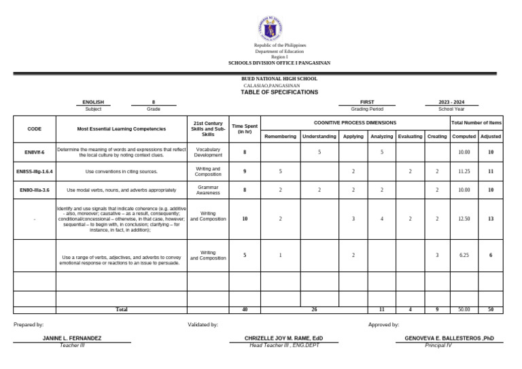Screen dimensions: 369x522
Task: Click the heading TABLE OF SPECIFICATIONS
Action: pos(279,92)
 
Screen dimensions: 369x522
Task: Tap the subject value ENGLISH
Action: pos(93,102)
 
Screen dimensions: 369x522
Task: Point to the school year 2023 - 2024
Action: pos(452,102)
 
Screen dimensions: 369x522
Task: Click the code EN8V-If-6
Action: pos(35,153)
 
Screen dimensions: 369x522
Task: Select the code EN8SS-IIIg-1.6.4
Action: pos(35,172)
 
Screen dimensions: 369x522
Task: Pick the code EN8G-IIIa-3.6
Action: pos(35,190)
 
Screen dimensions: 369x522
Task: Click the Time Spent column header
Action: pos(245,128)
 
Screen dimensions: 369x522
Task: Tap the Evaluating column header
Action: pos(410,137)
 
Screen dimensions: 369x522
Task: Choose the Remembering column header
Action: pos(280,137)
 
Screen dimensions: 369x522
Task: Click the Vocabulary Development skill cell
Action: pos(208,152)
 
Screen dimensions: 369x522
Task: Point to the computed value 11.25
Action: pos(464,172)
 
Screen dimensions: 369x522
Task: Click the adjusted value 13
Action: pos(490,219)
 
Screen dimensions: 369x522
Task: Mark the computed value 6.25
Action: pos(464,255)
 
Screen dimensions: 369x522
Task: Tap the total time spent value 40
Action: pos(245,309)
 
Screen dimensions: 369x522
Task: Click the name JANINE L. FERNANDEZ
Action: pos(72,338)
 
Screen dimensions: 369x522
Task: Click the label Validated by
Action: pos(203,325)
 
